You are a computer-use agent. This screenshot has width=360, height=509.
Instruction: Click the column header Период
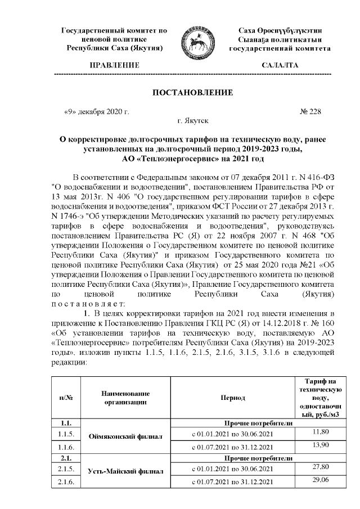pyautogui.click(x=237, y=397)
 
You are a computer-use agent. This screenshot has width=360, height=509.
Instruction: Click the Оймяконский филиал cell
pyautogui.click(x=125, y=435)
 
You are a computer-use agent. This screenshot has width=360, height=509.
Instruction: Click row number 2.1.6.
pyautogui.click(x=66, y=482)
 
